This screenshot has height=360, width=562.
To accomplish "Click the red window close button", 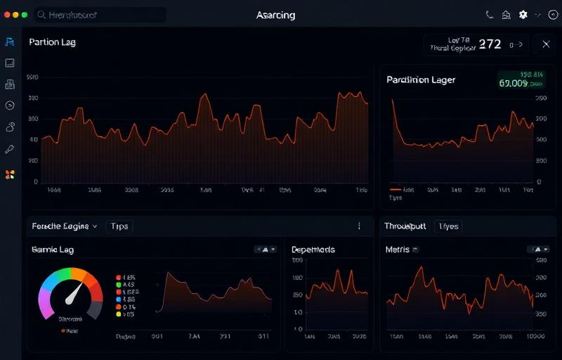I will (7, 14).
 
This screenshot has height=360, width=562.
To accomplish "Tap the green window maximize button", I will (25, 14).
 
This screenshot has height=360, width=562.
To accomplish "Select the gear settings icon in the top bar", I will (523, 15).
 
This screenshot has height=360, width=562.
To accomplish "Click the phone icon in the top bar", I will (490, 15).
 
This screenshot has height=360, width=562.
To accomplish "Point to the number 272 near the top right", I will (490, 44).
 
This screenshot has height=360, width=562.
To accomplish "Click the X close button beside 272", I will (546, 44).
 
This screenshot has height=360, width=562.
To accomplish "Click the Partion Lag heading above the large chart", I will (52, 42).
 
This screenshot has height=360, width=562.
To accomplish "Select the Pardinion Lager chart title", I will (421, 80).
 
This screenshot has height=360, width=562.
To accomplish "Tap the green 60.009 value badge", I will (513, 83).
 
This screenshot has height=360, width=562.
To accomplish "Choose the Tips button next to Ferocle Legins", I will (119, 226).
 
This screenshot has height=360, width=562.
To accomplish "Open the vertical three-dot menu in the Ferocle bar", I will (359, 226).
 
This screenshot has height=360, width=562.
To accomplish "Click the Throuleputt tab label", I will (406, 226).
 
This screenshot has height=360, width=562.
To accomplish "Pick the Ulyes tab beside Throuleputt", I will (448, 226).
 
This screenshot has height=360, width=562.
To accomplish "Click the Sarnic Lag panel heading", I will (53, 250).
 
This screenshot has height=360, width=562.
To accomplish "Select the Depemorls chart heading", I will (313, 250).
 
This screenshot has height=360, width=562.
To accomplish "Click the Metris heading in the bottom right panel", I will (398, 250).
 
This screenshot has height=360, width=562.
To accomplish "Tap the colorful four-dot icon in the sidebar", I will (10, 174).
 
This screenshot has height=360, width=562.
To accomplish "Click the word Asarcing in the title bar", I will (275, 15).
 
